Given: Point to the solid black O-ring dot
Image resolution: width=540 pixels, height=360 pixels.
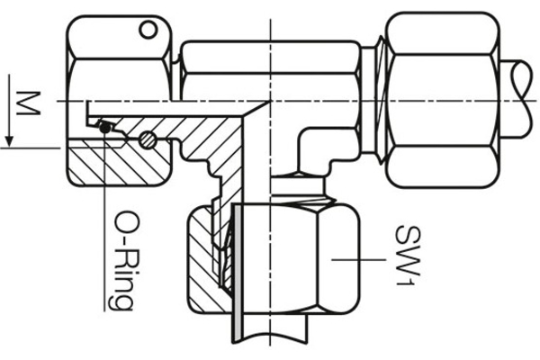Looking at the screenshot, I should pyautogui.click(x=105, y=127).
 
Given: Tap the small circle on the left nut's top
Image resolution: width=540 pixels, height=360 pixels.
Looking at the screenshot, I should pyautogui.click(x=146, y=32).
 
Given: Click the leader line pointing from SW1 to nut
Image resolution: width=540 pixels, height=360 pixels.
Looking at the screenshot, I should pyautogui.click(x=360, y=259).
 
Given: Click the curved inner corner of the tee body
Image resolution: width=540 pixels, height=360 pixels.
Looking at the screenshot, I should pyautogui.click(x=300, y=135).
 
